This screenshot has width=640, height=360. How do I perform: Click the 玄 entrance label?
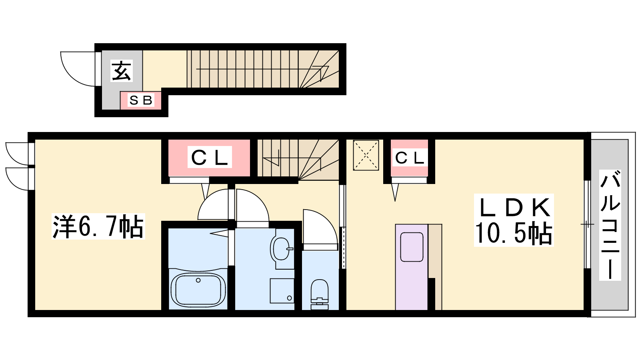tap(122, 70)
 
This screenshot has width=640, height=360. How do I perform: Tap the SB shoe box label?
tap(140, 100)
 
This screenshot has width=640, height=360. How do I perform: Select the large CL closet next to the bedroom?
tap(209, 158)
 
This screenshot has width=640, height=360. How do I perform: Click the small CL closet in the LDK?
tap(409, 158)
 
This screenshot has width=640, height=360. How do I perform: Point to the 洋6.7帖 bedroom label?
tap(98, 226)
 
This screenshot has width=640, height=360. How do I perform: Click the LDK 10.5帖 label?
tap(514, 220)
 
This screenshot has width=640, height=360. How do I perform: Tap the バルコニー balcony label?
tap(610, 225)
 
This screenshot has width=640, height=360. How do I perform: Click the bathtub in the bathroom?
tap(198, 290)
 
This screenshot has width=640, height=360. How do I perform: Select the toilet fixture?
tap(320, 294)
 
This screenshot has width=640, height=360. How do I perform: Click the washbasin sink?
tap(282, 249)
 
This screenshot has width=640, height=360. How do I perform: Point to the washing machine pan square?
tap(282, 290)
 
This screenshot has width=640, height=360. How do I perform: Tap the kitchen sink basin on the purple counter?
tap(412, 247)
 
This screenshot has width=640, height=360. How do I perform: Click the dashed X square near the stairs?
tap(366, 156)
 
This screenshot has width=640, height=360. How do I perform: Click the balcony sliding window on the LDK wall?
tap(587, 224)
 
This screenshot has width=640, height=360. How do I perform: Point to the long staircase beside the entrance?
tap(263, 69)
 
